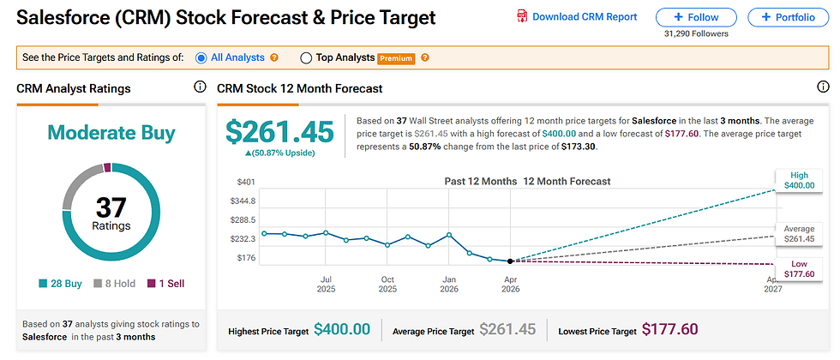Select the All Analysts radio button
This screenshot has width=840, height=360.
click(x=201, y=58)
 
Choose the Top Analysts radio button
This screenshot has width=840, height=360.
click(x=306, y=58)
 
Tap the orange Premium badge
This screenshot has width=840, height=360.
click(x=397, y=58)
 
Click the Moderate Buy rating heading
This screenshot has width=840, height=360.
click(x=111, y=132)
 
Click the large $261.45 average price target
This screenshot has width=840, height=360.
click(x=279, y=131)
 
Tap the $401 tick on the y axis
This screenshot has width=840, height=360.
click(x=246, y=182)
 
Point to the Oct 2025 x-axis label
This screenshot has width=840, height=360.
click(x=387, y=285)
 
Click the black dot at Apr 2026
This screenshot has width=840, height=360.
click(x=511, y=261)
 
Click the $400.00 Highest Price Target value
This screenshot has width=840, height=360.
click(x=342, y=330)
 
